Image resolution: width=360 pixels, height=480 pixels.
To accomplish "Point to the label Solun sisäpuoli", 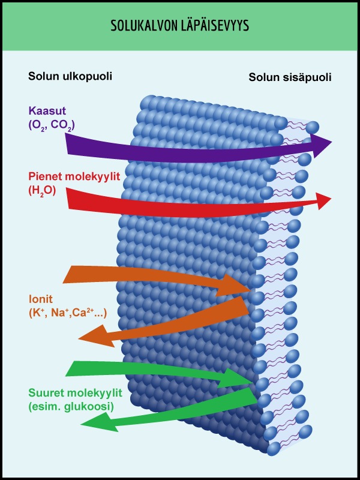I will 290,77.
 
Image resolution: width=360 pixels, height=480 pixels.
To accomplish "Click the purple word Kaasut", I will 46,110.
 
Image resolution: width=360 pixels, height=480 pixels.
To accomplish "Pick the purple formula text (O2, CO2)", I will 51,125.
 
